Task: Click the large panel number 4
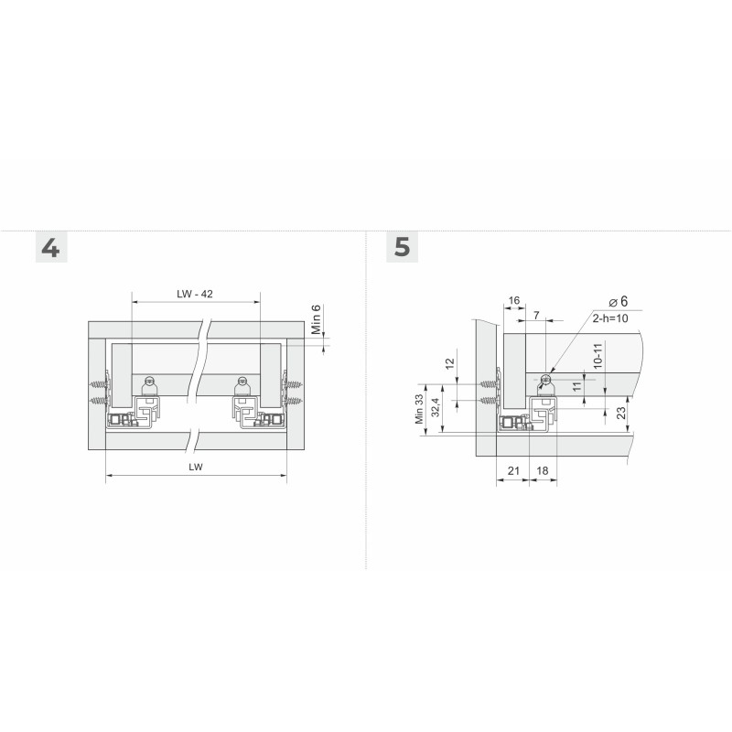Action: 50,248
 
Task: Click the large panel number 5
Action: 402,247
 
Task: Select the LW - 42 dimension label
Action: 195,294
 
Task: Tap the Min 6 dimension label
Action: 316,319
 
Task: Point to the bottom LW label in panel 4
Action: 196,467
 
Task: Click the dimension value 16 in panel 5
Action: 514,300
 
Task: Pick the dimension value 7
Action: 536,315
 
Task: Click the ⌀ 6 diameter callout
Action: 619,302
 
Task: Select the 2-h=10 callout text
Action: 610,318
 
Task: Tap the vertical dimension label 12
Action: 449,363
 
